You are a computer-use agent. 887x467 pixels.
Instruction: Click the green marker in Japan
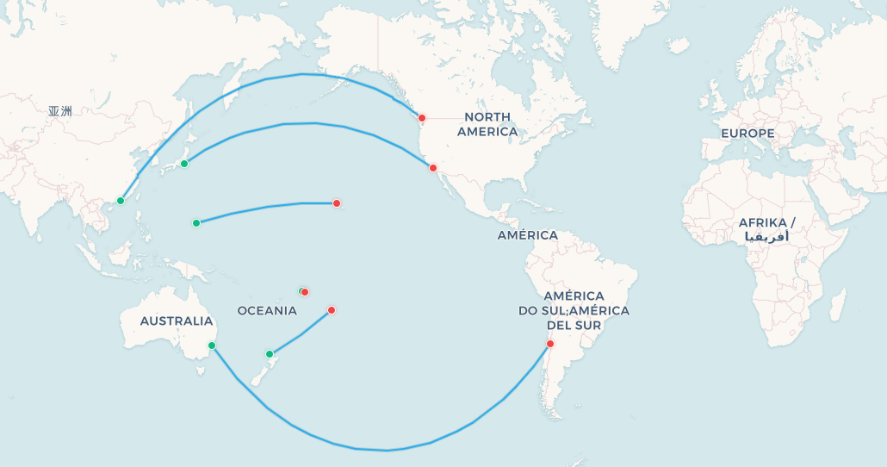(x=184, y=164)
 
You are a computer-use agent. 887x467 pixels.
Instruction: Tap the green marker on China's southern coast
(x=121, y=201)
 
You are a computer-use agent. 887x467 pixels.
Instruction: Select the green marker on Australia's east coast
(x=212, y=346)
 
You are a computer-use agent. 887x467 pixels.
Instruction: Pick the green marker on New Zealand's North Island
(x=270, y=354)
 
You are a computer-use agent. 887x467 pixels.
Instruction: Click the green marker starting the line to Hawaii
(x=196, y=223)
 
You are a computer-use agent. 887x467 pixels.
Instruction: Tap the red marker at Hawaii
(x=337, y=203)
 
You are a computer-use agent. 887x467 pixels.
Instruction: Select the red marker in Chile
(x=550, y=344)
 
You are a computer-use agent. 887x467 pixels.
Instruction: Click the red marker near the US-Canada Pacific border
(x=422, y=118)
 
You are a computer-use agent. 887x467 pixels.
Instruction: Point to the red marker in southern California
(x=433, y=168)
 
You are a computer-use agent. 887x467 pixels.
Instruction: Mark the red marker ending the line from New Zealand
(x=332, y=310)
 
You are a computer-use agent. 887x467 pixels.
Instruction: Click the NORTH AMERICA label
(x=487, y=124)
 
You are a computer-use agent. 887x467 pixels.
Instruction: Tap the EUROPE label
(x=747, y=134)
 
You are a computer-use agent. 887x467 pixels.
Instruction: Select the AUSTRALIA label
(x=176, y=321)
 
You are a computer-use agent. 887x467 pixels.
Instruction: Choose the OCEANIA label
(x=267, y=310)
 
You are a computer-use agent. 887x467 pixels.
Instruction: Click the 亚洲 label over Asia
(x=60, y=110)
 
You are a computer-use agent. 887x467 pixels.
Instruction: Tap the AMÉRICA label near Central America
(x=527, y=235)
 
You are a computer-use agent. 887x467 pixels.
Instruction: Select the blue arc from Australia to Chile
(x=388, y=450)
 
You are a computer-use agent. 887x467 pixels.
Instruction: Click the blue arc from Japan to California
(x=314, y=123)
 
